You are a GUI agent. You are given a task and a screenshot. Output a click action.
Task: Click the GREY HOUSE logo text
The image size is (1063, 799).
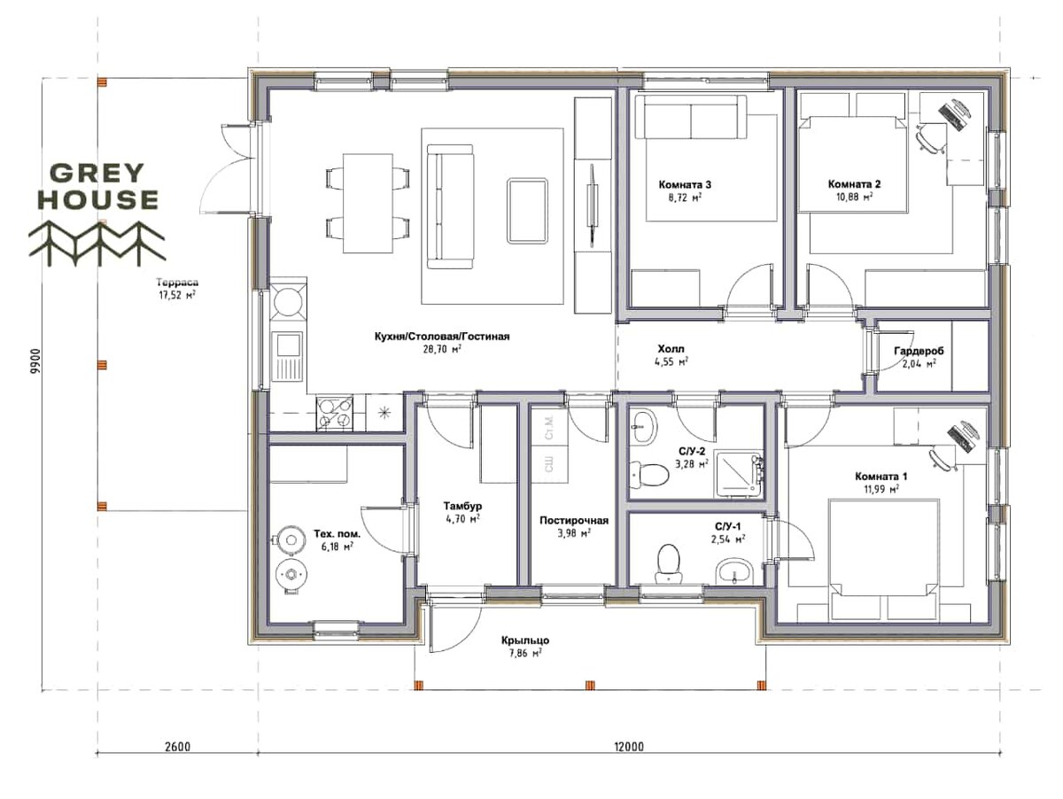point(98,186)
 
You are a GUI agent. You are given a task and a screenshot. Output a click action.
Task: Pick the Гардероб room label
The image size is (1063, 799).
point(919,351)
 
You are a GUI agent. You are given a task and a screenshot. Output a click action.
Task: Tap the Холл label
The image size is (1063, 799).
point(671,349)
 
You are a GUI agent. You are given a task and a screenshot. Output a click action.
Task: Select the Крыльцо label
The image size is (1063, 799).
point(525,640)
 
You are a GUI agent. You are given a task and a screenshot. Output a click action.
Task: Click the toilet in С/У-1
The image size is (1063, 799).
point(670,564)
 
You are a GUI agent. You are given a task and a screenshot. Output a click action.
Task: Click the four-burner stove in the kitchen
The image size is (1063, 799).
point(335,413)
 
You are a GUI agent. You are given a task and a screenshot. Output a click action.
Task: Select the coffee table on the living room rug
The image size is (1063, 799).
point(527,210)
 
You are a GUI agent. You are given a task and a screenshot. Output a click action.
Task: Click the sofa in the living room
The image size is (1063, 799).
point(449,206)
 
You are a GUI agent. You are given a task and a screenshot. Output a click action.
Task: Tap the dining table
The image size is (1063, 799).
point(368,204)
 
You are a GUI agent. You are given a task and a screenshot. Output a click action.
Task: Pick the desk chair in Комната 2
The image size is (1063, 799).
point(929,137)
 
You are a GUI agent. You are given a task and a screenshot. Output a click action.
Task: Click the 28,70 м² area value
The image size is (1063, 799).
point(442,349)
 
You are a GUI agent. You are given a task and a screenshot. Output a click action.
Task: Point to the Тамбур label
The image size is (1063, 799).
point(462,506)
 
